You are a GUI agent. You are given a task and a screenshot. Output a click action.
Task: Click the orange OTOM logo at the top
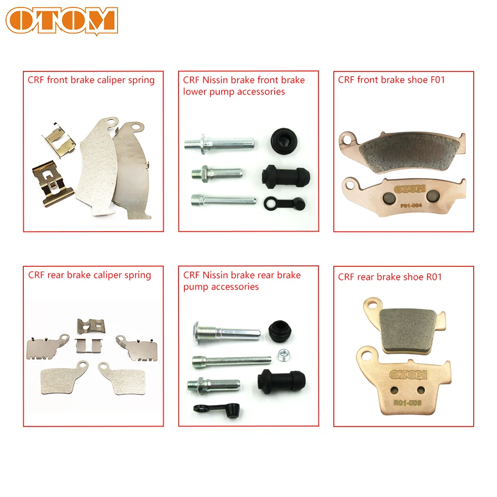62,21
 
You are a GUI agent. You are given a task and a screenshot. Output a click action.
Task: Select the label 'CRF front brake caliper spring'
91,80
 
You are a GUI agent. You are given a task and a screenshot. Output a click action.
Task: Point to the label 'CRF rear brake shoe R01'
390,277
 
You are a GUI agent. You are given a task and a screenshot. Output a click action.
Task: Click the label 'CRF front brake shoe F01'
391,80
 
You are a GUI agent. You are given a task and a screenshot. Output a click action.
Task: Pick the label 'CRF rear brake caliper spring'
89,275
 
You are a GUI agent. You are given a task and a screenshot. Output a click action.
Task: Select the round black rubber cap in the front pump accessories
282,139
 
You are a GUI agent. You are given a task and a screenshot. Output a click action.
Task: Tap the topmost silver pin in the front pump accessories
220,144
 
